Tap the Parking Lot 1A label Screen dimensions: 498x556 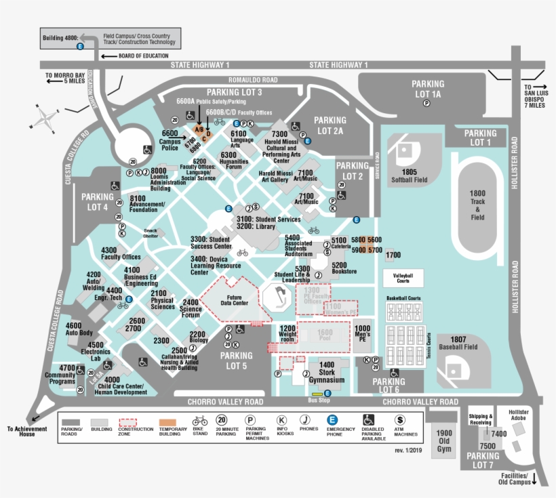(x=427, y=89)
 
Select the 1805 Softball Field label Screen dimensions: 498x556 (x=409, y=176)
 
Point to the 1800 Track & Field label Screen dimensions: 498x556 (x=477, y=205)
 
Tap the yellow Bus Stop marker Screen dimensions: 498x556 (x=317, y=393)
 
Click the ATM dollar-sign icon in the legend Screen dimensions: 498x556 (x=399, y=420)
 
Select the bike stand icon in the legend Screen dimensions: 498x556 (x=199, y=420)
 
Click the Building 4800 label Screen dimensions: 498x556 (x=60, y=37)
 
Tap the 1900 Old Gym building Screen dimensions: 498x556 (x=444, y=441)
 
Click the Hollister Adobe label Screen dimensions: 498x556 (x=518, y=416)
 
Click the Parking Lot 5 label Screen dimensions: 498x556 (x=236, y=360)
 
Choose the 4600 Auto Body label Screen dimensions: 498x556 (x=79, y=329)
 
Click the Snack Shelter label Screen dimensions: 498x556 (x=150, y=233)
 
